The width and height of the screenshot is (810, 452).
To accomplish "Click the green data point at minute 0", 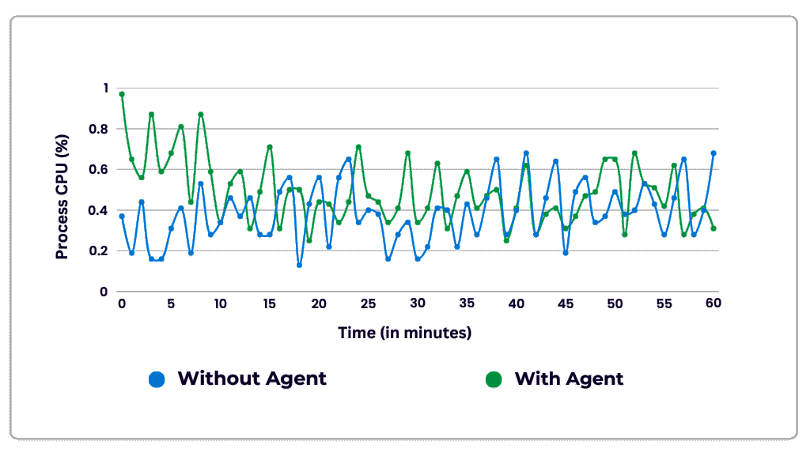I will pos(122,94).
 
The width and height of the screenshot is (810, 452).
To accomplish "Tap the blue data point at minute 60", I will pos(713,153).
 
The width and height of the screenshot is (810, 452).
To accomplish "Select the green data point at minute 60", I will pos(713,228).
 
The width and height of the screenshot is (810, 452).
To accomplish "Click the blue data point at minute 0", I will pos(122,216).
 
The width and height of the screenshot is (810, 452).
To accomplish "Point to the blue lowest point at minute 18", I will pos(299,265).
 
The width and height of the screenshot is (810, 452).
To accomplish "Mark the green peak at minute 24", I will pos(358,147).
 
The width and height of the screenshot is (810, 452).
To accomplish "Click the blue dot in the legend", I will pos(157,379).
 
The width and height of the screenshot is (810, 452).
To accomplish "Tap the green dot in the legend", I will pos(494,379).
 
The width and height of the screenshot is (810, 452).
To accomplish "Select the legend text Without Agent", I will pos(252,379).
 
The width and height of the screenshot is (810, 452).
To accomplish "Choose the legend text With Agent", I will pos(569,379).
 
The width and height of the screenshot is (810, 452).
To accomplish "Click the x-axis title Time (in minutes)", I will pos(405,333).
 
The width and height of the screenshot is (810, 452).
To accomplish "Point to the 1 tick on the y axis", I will pos(103,88).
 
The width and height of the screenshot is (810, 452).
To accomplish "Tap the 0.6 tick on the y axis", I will pos(98,169).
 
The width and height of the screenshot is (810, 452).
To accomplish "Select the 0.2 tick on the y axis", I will pos(98,250).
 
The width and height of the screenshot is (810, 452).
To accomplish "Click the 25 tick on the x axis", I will pos(368,303).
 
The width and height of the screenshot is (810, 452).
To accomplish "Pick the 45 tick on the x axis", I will pos(566,303).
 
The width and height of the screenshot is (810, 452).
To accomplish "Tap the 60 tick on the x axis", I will pos(713,303).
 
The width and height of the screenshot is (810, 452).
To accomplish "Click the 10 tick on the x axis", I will pos(220,303).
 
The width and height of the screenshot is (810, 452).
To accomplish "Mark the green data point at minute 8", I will pos(201,115).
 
